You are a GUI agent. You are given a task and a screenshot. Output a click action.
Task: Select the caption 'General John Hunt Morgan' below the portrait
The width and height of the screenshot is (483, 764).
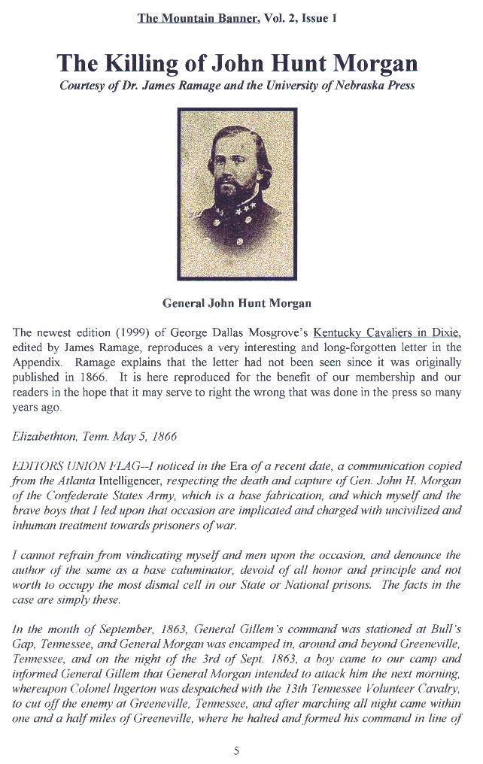[237, 303]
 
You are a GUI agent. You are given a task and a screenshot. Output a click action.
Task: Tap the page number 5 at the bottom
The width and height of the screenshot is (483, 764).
[236, 749]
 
